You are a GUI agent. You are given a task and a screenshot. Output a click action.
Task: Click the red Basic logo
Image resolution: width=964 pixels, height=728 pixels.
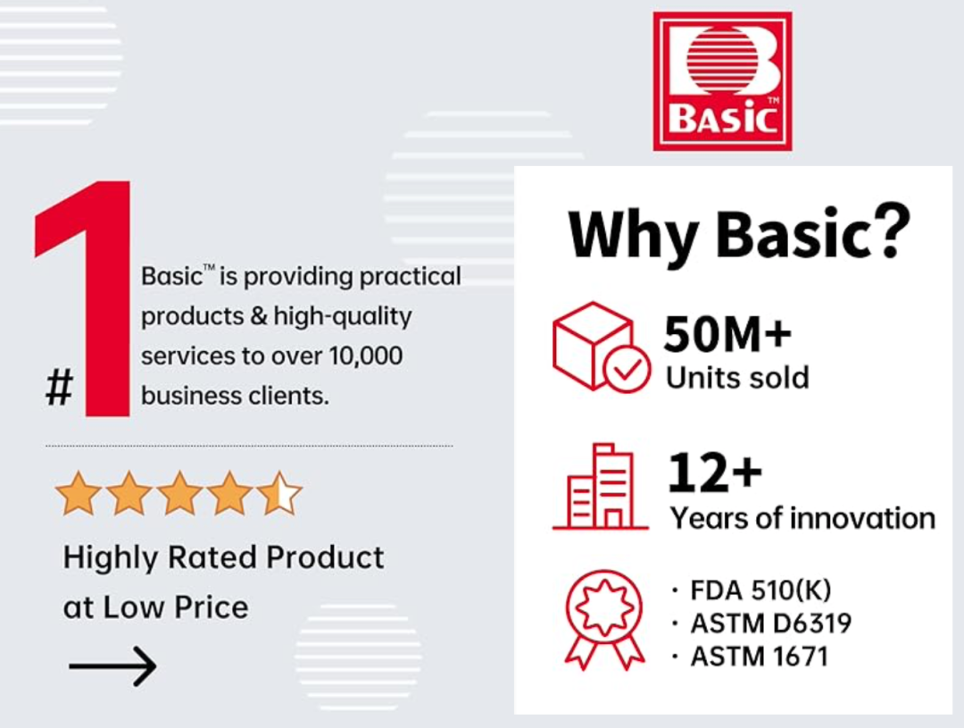tap(722, 81)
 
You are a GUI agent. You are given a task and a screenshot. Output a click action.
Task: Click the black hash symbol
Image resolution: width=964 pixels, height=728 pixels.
tap(60, 387)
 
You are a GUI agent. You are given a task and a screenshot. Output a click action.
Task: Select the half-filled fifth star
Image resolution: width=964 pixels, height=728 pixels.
tap(279, 493)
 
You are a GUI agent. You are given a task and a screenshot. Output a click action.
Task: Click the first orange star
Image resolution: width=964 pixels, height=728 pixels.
tap(78, 493)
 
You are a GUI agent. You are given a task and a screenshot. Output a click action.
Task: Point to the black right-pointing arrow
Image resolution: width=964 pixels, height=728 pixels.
tap(112, 665)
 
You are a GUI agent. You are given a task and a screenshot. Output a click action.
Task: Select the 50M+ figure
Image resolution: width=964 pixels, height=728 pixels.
tap(727, 334)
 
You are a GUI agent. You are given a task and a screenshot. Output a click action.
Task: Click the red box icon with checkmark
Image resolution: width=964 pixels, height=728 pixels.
tap(601, 347)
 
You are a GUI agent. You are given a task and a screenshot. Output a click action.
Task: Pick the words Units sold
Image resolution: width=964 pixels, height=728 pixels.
tap(737, 377)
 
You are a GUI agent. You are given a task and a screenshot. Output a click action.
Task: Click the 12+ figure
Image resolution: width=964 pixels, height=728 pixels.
tap(715, 473)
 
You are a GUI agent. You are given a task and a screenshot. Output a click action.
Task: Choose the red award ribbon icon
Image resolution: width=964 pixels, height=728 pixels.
tap(605, 619)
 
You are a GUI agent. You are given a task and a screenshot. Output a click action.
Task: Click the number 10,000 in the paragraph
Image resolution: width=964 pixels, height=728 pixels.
tap(366, 356)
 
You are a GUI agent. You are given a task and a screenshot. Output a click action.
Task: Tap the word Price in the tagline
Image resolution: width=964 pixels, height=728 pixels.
tap(212, 607)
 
